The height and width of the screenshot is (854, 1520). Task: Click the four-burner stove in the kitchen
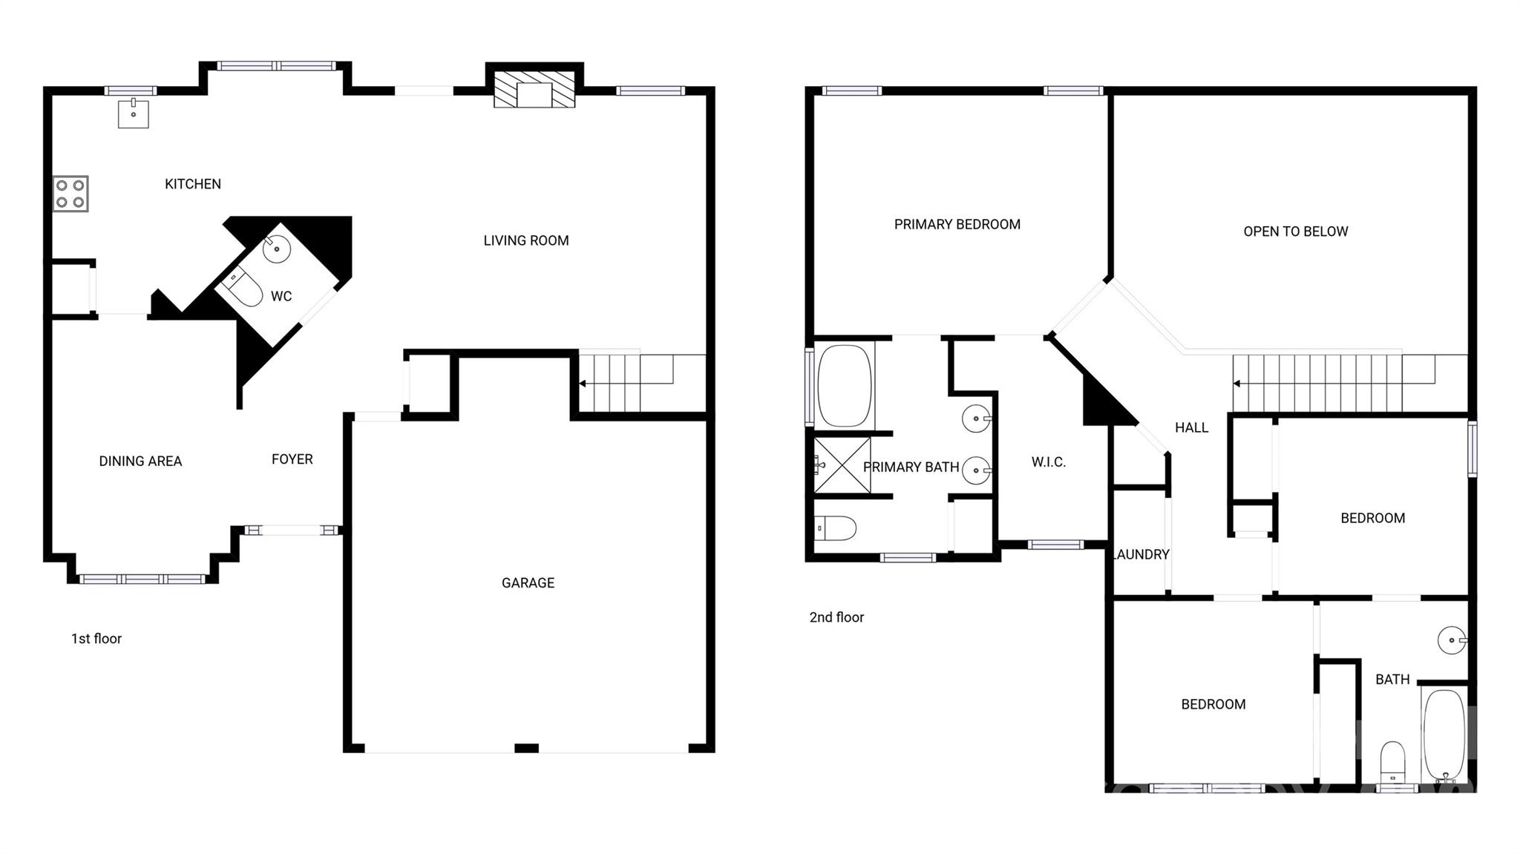pos(71,194)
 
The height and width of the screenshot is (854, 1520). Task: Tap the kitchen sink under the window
pos(134,114)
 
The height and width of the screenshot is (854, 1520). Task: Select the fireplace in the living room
pos(534,93)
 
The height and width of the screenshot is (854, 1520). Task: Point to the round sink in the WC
pos(276,249)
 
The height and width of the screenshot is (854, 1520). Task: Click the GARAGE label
pos(528,583)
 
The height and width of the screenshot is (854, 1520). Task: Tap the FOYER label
pos(292,459)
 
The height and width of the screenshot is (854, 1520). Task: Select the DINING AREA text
pos(140,462)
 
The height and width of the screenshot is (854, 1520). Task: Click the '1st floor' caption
pos(96,639)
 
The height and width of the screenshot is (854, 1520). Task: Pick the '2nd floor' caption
pos(836,617)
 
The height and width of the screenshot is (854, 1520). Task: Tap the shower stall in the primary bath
pos(842,465)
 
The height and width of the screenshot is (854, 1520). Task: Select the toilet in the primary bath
pos(836,528)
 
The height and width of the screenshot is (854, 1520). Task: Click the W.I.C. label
pos(1049,462)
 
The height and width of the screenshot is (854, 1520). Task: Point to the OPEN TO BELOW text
pos(1296,231)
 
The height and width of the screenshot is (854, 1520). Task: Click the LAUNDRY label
pos(1141,554)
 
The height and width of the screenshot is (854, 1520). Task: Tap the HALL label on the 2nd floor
pos(1192,427)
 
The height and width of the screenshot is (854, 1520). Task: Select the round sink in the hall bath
pos(1452,640)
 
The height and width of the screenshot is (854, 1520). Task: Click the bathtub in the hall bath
pos(1444,735)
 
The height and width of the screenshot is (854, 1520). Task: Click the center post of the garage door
pos(526,748)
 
